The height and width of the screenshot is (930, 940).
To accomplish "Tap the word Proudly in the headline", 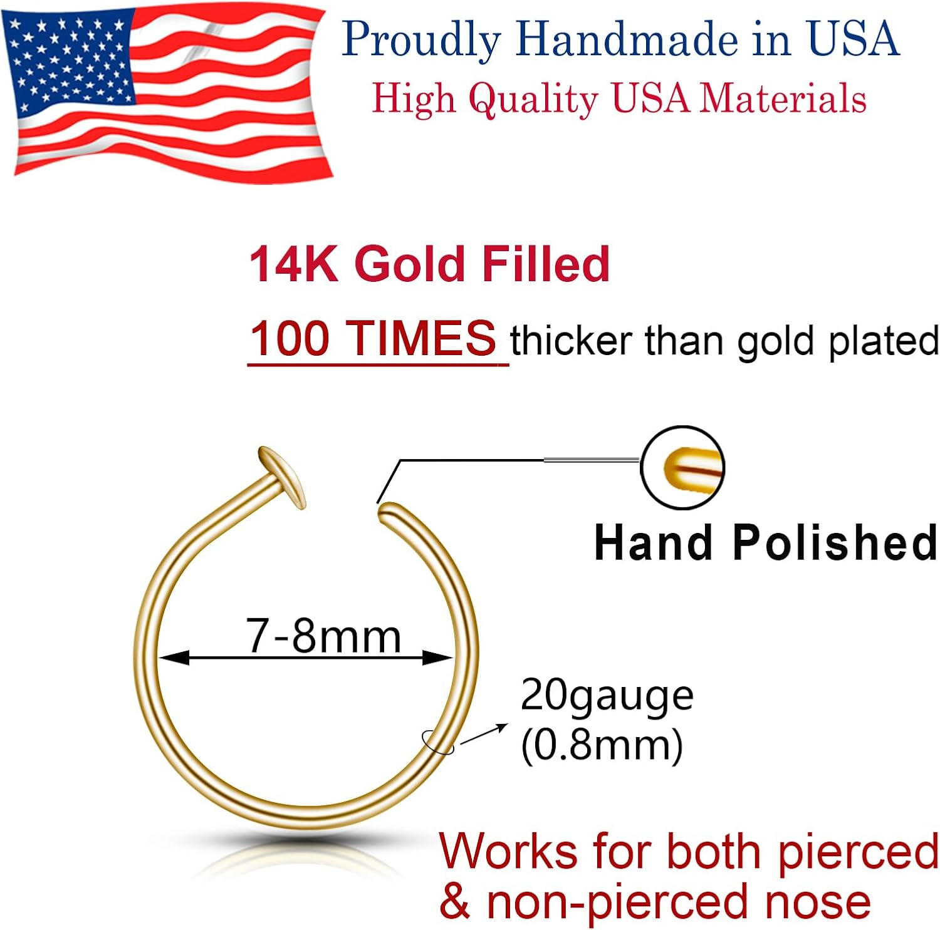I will tap(421, 40).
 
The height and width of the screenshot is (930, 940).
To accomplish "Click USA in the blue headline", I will tap(853, 39).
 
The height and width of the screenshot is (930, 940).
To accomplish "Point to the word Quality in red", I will tap(533, 99).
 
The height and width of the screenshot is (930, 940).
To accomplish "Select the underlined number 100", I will tap(290, 339).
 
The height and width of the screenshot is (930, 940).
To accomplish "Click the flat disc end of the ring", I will tap(281, 475).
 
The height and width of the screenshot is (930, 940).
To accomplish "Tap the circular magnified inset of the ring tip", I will tap(682, 467).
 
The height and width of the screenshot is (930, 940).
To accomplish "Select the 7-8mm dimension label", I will tap(323, 636).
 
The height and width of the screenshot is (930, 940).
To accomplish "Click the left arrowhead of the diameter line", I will tap(172, 658).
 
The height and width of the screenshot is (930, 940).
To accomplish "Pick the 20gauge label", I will tap(607, 696).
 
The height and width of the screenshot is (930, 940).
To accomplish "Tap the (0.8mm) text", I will tap(602, 745).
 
